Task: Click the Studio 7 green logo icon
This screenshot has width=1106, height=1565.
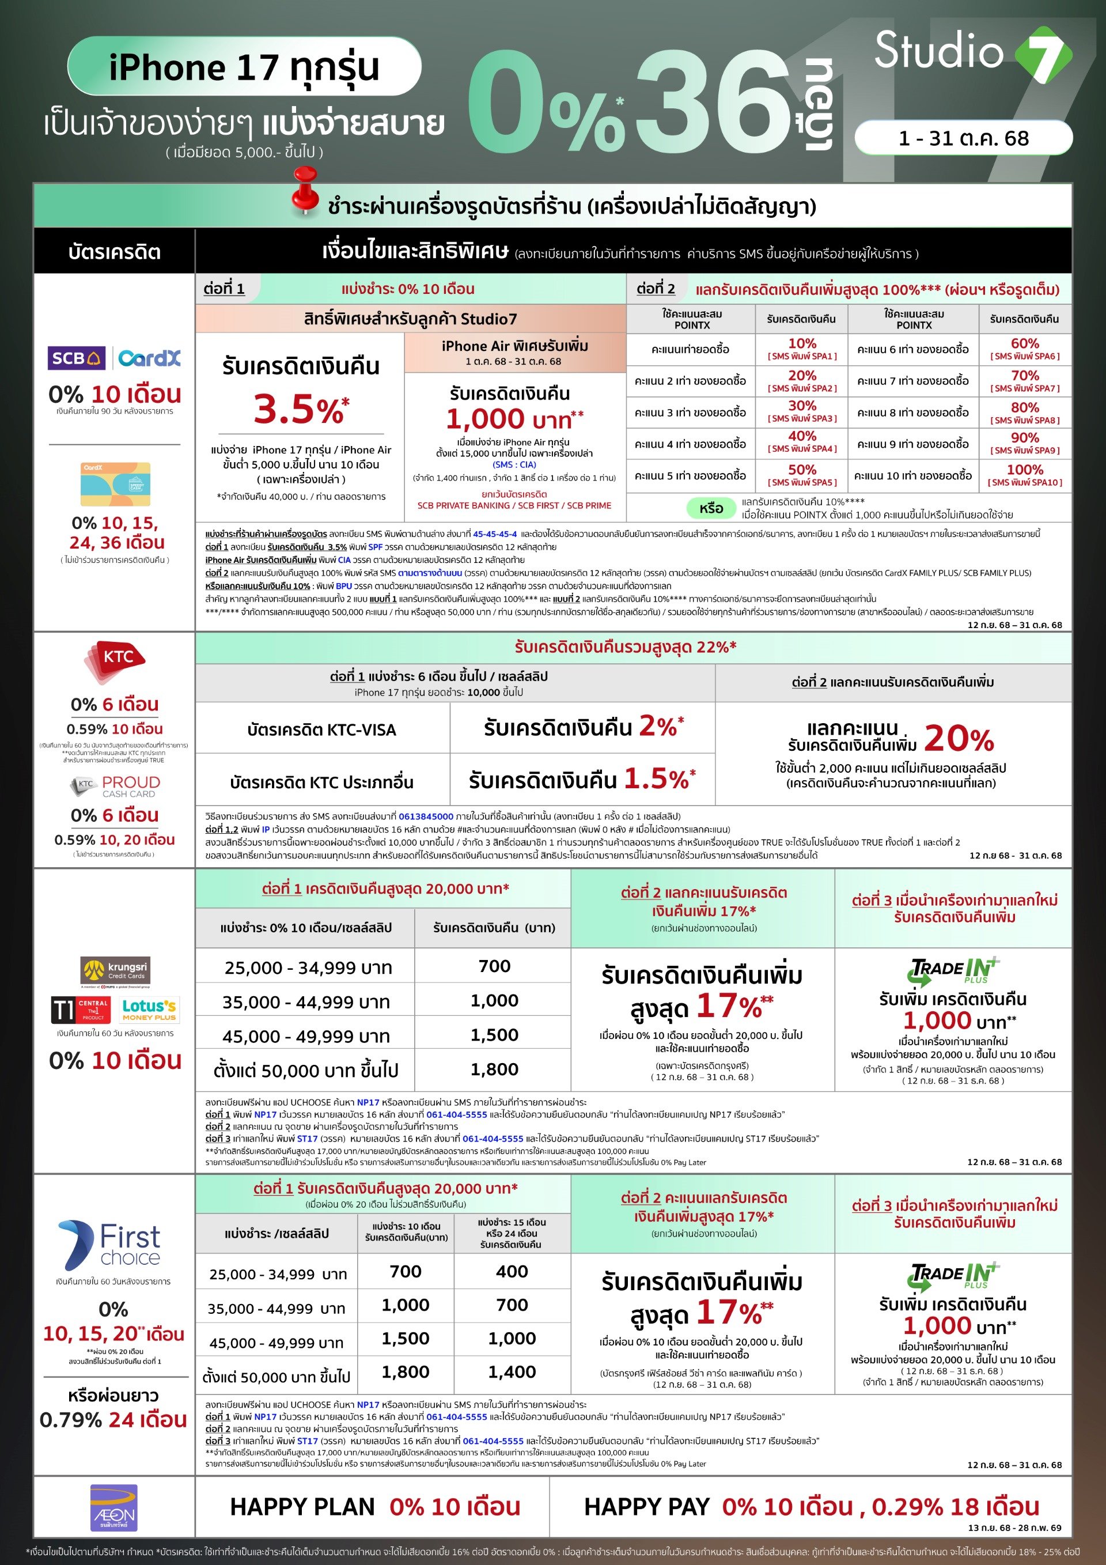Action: (x=1043, y=55)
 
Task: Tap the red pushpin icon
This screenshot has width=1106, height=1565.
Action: (x=305, y=190)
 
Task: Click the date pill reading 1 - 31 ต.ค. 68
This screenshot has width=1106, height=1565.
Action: (x=963, y=138)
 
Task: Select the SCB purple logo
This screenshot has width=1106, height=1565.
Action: (x=75, y=358)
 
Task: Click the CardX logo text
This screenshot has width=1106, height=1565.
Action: (x=149, y=358)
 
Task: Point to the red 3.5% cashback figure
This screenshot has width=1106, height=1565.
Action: (x=301, y=409)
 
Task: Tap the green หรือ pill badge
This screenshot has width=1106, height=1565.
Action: (x=710, y=508)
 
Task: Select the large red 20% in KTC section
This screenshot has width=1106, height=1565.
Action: (x=959, y=738)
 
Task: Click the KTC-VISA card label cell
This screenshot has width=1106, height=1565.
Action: (x=321, y=729)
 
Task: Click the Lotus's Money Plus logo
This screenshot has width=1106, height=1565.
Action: (x=149, y=1010)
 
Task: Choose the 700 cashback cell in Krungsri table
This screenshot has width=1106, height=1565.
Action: (x=494, y=966)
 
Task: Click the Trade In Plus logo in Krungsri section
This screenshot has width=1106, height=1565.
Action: (x=954, y=970)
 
